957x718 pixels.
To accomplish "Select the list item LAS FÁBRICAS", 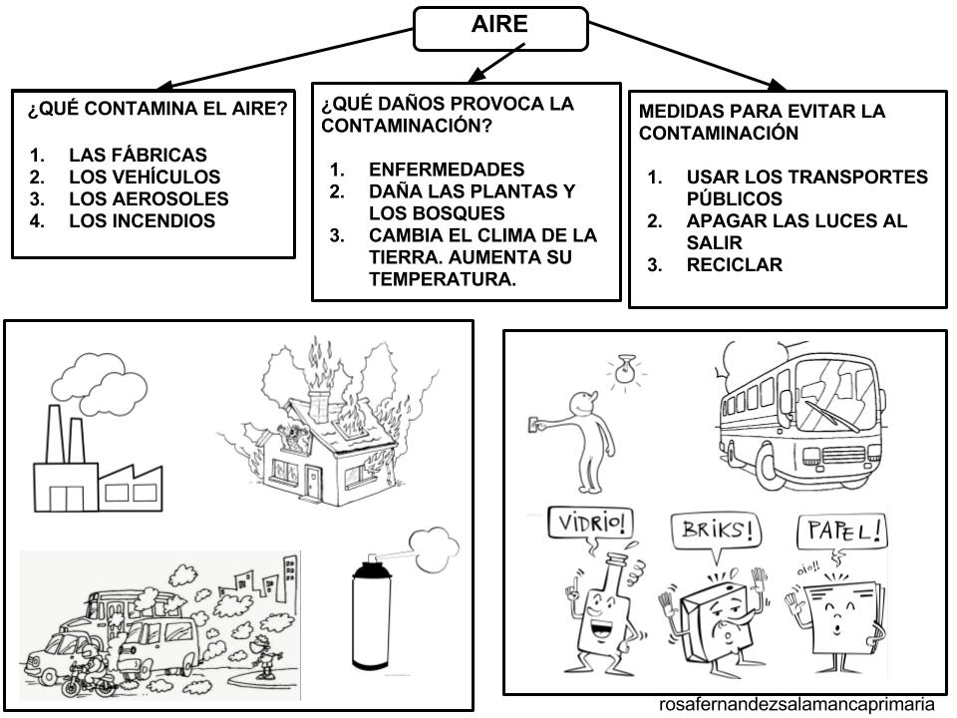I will [x=138, y=155].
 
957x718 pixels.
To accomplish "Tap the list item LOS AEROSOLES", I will [x=149, y=198].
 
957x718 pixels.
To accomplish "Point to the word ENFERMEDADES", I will [x=446, y=170].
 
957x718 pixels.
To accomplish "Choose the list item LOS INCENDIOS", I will [x=142, y=220].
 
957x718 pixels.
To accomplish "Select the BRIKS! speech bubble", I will [x=712, y=531].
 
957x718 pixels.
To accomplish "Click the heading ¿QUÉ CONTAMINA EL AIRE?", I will [x=158, y=111].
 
